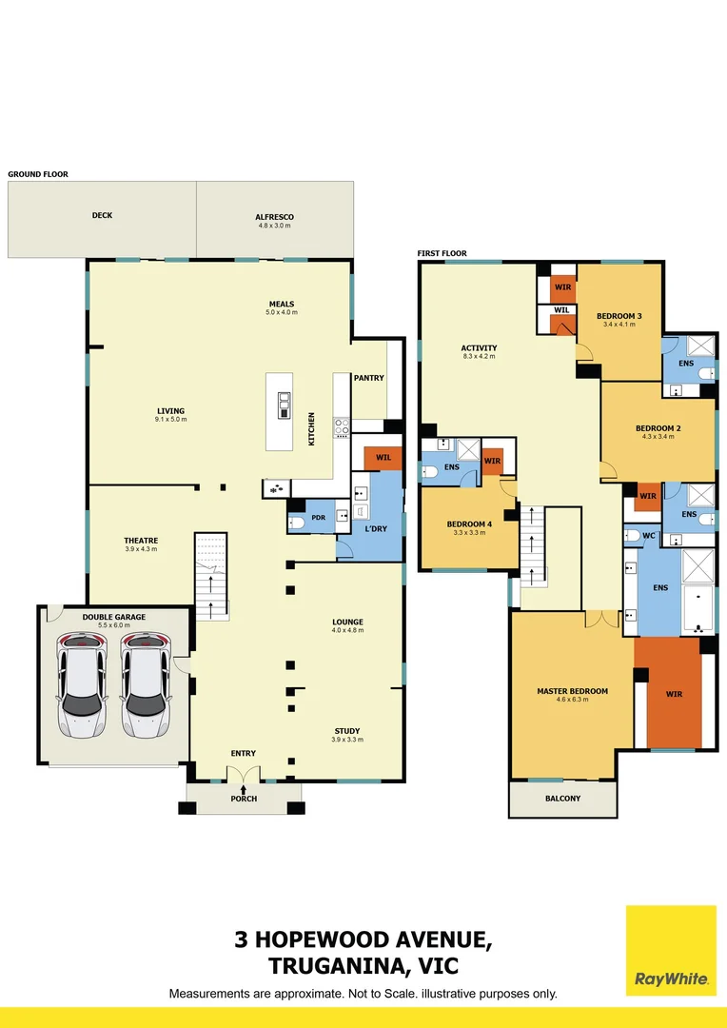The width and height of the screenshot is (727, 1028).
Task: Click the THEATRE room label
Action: [x=140, y=541]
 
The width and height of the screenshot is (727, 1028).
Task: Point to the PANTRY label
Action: [x=368, y=378]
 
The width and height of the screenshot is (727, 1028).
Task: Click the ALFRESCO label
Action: [x=274, y=216]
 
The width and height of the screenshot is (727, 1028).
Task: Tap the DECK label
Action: [x=102, y=215]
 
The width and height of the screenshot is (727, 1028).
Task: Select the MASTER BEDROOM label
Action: [x=572, y=691]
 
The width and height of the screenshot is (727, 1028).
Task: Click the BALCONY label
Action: [x=562, y=798]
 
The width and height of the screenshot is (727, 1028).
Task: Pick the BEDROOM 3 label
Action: [x=619, y=316]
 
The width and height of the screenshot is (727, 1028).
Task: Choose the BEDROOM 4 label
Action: [x=469, y=524]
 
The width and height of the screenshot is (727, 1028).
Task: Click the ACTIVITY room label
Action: [x=480, y=348]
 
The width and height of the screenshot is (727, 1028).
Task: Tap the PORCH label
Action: [x=245, y=798]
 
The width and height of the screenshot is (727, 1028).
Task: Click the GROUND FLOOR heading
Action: [x=38, y=174]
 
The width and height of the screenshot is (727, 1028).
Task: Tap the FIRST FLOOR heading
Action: [x=442, y=253]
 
